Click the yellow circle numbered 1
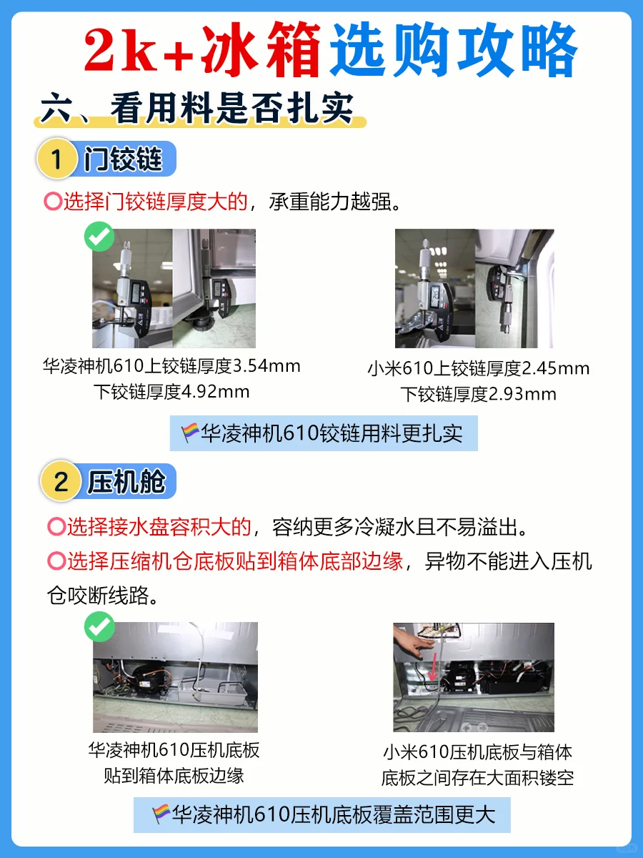pos(56,158)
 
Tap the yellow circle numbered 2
pos(61,480)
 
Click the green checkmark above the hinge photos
pos(99,237)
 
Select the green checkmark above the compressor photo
pos(99,627)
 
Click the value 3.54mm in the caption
pos(266,366)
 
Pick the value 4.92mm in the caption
pos(216,392)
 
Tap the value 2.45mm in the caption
pos(556,369)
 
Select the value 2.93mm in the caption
pos(522,394)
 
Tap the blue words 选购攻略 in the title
pos(454,50)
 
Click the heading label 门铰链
pos(124,159)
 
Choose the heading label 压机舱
pos(126,482)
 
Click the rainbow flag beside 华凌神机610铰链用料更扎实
pos(190,433)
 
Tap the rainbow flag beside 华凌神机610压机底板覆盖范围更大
pos(161,814)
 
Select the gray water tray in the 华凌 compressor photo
pos(213,692)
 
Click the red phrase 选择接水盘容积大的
pos(159,527)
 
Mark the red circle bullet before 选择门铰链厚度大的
pos(53,202)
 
